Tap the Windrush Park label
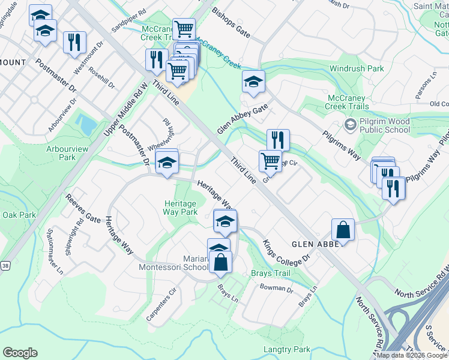point(357,69)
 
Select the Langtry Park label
point(286,349)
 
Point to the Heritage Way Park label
point(181,208)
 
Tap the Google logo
point(20,353)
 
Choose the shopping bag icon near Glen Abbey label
point(342,229)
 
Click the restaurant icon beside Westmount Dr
point(74,42)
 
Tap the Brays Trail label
point(270,273)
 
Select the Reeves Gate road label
point(83,208)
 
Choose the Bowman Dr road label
point(276,288)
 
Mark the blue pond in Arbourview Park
point(86,124)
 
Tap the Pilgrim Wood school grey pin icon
point(350,125)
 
